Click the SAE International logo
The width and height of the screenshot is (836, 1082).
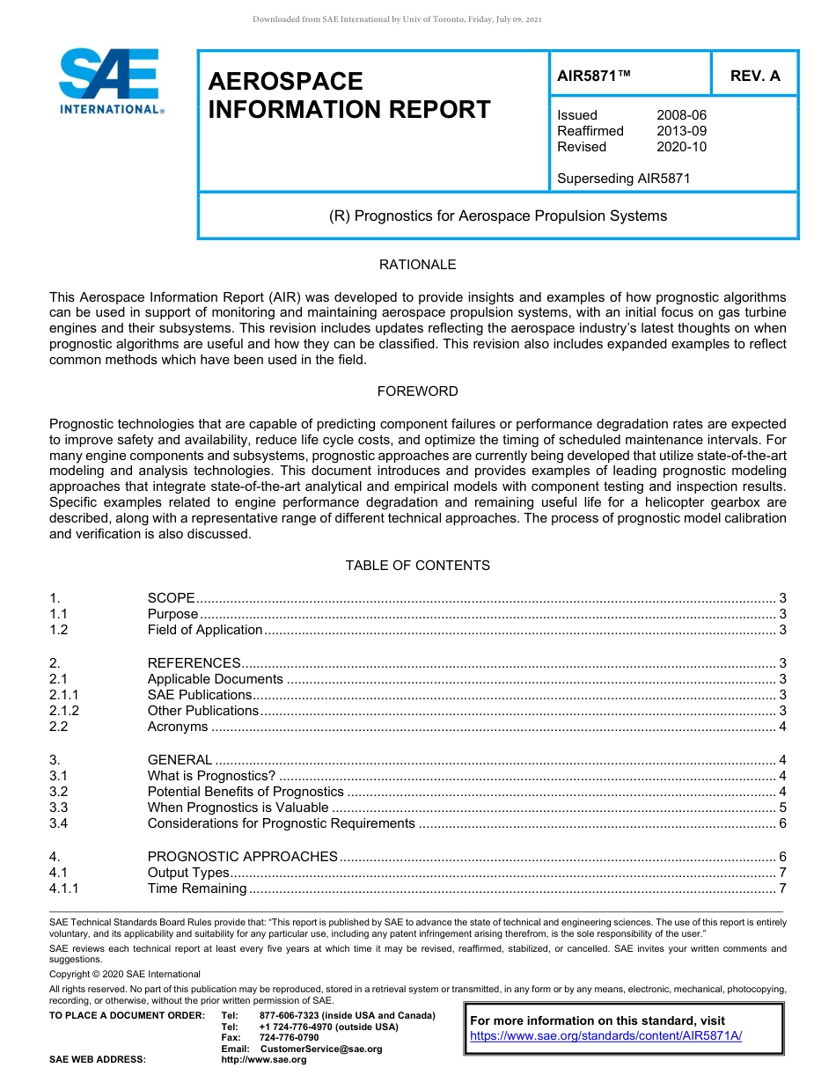[x=110, y=81]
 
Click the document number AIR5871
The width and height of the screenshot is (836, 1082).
[x=594, y=76]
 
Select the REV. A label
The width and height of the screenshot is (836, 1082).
[x=755, y=76]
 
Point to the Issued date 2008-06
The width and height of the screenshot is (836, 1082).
[x=681, y=115]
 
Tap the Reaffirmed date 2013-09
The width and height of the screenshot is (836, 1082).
[x=681, y=131]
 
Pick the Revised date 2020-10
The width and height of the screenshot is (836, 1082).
[x=681, y=147]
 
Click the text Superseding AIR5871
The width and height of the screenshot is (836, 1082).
[x=624, y=179]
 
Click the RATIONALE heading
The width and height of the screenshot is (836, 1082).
[x=417, y=265]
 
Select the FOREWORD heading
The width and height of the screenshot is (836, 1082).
[x=417, y=391]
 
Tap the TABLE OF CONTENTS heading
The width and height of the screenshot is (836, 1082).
[x=417, y=566]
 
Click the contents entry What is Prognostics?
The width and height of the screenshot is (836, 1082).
[x=211, y=776]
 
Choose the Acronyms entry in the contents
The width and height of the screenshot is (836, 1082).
[x=178, y=727]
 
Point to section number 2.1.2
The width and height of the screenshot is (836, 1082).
[x=64, y=711]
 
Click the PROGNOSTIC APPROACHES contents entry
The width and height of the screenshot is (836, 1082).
[x=242, y=857]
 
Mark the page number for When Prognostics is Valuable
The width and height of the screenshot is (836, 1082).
[x=782, y=808]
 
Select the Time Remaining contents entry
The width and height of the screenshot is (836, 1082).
[x=198, y=888]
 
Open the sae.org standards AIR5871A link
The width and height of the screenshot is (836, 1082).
[x=606, y=1036]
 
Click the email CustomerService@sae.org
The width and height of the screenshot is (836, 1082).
[x=321, y=1049]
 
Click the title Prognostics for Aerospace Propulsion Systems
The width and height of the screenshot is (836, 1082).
[x=498, y=216]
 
